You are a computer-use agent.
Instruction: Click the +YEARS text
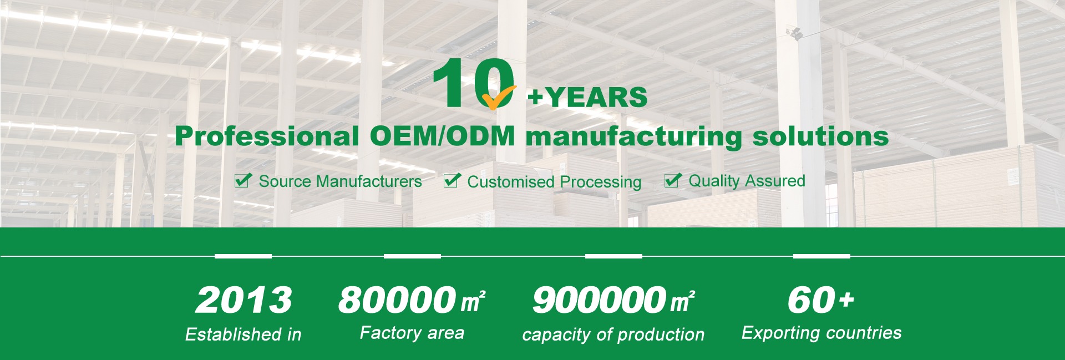click(587, 98)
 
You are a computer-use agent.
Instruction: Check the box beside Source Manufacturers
click(243, 180)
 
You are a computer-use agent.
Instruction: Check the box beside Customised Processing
click(452, 180)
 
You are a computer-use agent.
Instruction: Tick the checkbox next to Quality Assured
click(673, 180)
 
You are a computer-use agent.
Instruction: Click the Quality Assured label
click(747, 181)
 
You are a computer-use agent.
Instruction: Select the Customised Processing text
click(554, 182)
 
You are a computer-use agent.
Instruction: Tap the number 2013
click(244, 300)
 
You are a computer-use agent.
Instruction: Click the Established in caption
click(243, 334)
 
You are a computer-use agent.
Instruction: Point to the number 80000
click(397, 300)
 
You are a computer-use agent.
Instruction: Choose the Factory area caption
click(412, 333)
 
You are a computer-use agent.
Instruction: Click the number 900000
click(599, 300)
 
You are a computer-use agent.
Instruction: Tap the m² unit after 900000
click(682, 301)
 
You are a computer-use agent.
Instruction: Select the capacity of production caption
click(613, 334)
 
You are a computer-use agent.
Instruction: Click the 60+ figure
click(821, 300)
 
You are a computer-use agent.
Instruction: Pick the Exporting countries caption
click(821, 333)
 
